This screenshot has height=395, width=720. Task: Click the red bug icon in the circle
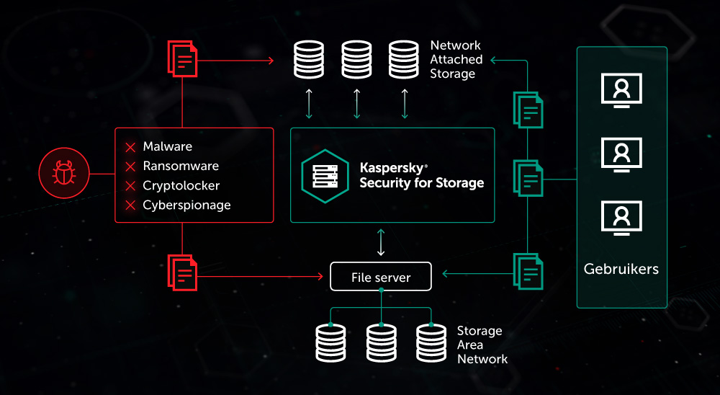click(63, 173)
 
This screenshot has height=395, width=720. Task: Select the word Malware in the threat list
click(167, 147)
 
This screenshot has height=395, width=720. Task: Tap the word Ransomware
click(180, 167)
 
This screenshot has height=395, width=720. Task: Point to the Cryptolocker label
click(181, 186)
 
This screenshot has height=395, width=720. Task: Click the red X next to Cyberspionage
click(130, 206)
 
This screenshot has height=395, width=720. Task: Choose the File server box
click(381, 278)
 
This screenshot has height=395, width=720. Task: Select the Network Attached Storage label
click(454, 59)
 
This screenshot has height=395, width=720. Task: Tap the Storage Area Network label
click(481, 345)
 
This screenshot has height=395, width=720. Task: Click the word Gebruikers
click(621, 269)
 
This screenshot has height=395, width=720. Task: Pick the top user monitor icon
click(621, 89)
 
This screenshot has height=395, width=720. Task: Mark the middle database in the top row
click(356, 60)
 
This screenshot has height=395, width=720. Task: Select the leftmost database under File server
click(330, 342)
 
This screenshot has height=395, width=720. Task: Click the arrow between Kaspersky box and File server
click(381, 242)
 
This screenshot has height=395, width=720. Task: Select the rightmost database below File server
click(431, 342)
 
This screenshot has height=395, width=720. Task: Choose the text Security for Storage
click(421, 183)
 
